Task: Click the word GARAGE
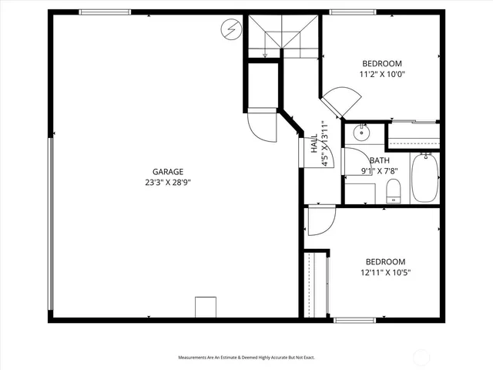(x=167, y=172)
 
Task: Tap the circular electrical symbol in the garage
(x=230, y=30)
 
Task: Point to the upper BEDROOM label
(x=382, y=63)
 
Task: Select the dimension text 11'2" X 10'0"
(x=382, y=75)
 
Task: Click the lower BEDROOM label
(x=385, y=261)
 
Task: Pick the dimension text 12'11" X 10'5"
(x=385, y=273)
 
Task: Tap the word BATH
(x=379, y=160)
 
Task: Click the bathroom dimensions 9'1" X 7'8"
(x=379, y=172)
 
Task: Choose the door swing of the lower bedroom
(x=319, y=222)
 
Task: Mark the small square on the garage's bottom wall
(x=206, y=307)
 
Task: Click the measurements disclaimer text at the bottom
(x=246, y=358)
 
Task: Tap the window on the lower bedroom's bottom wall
(x=354, y=319)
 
